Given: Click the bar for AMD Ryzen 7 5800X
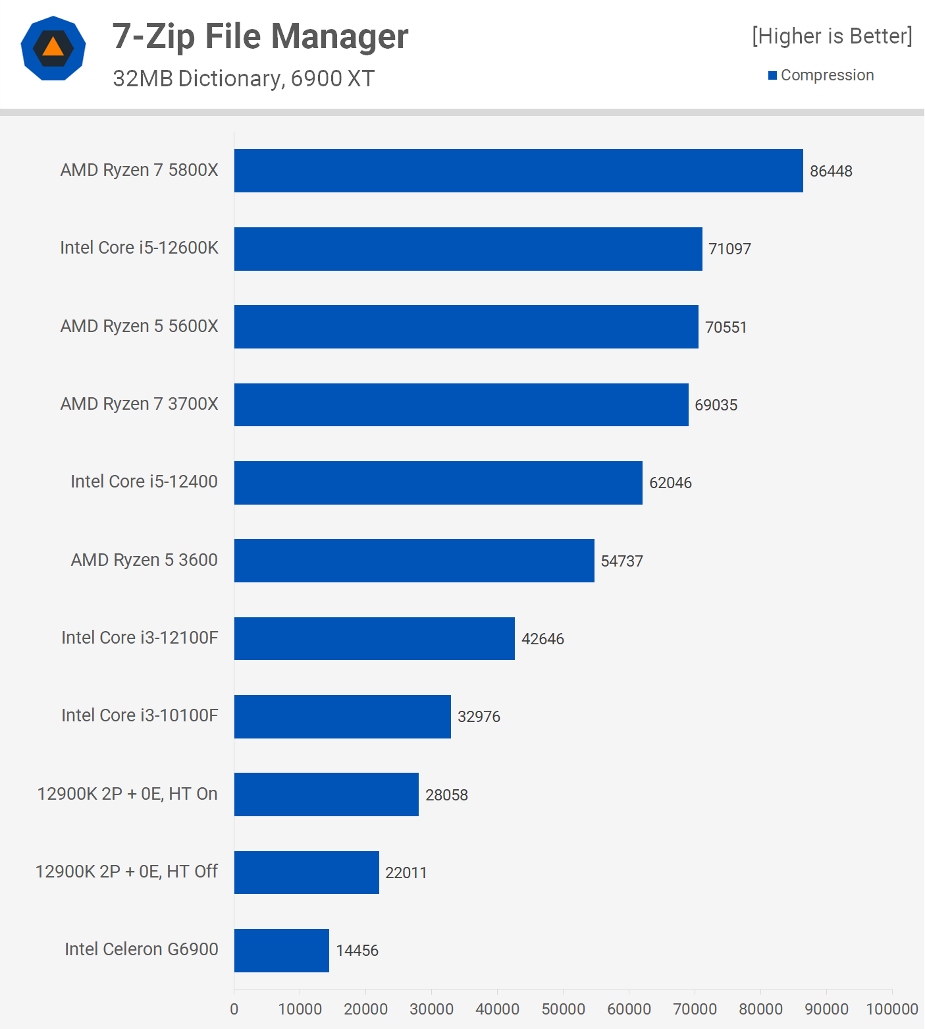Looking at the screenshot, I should pyautogui.click(x=518, y=171).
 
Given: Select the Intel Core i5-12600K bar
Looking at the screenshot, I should pyautogui.click(x=468, y=249).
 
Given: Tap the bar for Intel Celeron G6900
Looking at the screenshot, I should pyautogui.click(x=281, y=950).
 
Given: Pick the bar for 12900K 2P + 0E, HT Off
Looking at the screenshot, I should pyautogui.click(x=306, y=872).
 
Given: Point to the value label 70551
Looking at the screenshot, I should pyautogui.click(x=726, y=327).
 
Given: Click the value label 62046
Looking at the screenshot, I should pyautogui.click(x=670, y=483).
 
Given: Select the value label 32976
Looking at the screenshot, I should pyautogui.click(x=479, y=717).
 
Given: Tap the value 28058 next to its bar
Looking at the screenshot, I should pyautogui.click(x=446, y=795).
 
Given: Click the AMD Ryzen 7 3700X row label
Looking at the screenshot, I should pyautogui.click(x=139, y=404).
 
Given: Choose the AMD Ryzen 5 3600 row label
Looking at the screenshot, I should pyautogui.click(x=144, y=560).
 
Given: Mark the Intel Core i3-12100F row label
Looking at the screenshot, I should pyautogui.click(x=140, y=638).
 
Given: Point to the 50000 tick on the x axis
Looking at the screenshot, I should pyautogui.click(x=563, y=1009).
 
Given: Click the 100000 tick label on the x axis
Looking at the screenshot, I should pyautogui.click(x=891, y=1009).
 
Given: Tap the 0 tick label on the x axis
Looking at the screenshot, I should pyautogui.click(x=234, y=1009).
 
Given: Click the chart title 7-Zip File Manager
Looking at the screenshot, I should pyautogui.click(x=260, y=36).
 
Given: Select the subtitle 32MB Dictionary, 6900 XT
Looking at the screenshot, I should pyautogui.click(x=243, y=78).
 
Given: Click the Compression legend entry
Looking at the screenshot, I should pyautogui.click(x=821, y=75).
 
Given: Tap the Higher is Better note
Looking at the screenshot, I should pyautogui.click(x=832, y=36).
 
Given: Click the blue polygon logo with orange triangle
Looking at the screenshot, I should pyautogui.click(x=53, y=48).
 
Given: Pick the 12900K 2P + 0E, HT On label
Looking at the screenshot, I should pyautogui.click(x=127, y=794).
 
